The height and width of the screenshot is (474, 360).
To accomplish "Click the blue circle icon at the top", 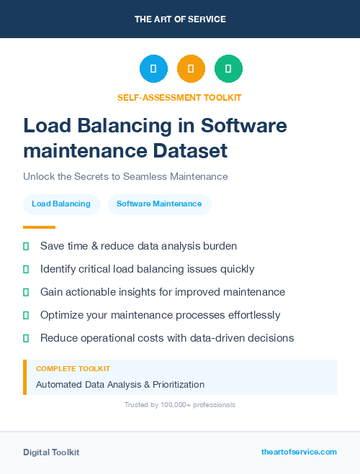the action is pyautogui.click(x=153, y=69).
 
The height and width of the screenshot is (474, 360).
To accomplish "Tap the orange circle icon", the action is pyautogui.click(x=191, y=69).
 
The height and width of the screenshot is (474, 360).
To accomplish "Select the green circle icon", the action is pyautogui.click(x=228, y=69).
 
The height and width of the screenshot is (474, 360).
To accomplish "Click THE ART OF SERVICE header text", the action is pyautogui.click(x=180, y=19).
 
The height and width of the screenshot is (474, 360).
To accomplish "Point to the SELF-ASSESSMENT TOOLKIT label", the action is pyautogui.click(x=180, y=97).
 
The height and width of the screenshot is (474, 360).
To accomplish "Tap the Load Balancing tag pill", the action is pyautogui.click(x=61, y=204).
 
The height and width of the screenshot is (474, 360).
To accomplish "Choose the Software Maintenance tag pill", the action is pyautogui.click(x=159, y=204).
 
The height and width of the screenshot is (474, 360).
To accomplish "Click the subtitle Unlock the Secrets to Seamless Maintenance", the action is pyautogui.click(x=125, y=176).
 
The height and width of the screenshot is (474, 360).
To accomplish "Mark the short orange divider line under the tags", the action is pyautogui.click(x=39, y=227).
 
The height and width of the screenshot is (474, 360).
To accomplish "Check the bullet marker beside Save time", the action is pyautogui.click(x=26, y=246).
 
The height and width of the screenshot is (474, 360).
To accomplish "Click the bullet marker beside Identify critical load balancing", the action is pyautogui.click(x=26, y=269).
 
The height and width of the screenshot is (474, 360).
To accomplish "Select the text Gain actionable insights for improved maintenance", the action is pyautogui.click(x=163, y=292).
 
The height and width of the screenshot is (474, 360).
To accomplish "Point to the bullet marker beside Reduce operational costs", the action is pyautogui.click(x=26, y=338).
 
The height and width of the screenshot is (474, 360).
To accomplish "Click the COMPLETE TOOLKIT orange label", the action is pyautogui.click(x=73, y=368).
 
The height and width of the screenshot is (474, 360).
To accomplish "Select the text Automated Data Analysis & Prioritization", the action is pyautogui.click(x=120, y=384).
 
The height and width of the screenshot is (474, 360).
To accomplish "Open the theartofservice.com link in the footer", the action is pyautogui.click(x=299, y=452).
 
